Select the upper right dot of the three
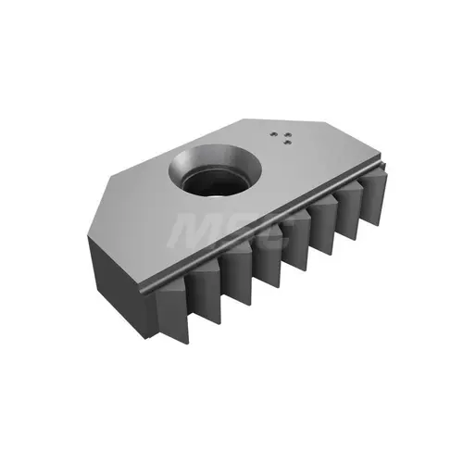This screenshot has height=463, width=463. pyautogui.click(x=287, y=134)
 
